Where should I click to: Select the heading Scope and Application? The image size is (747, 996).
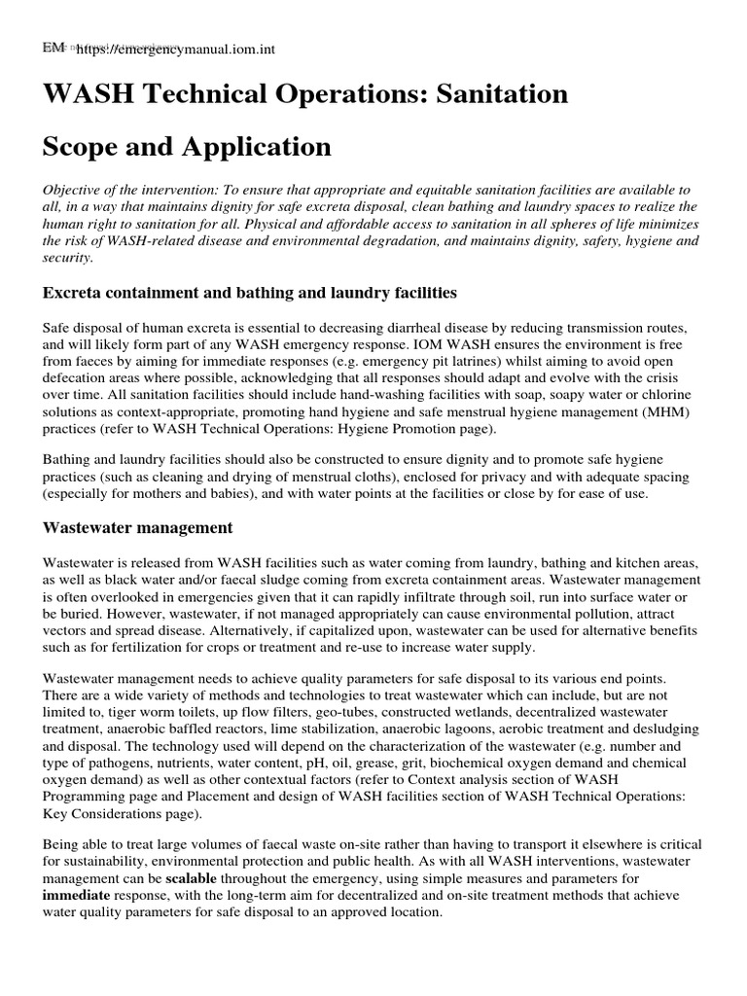(187, 147)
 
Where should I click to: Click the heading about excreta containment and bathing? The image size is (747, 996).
(249, 292)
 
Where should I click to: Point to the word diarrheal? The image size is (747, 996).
(391, 328)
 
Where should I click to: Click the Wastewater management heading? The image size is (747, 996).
(137, 528)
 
